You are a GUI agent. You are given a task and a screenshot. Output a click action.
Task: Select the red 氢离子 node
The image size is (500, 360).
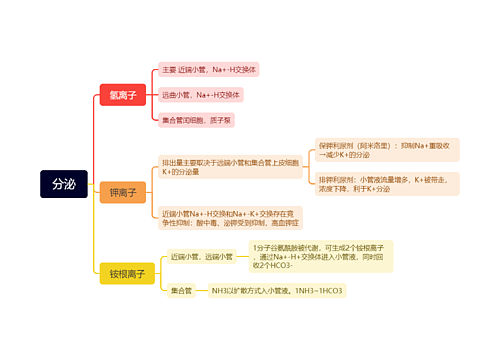click(x=123, y=95)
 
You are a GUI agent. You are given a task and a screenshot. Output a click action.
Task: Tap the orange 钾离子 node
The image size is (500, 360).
click(x=123, y=192)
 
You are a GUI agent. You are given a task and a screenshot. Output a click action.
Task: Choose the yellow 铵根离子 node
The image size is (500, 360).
click(x=127, y=273)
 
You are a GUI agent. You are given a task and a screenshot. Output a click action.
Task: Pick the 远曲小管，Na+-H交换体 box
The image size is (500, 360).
click(x=201, y=95)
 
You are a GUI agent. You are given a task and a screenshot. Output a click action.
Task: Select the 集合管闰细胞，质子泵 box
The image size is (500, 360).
click(x=197, y=120)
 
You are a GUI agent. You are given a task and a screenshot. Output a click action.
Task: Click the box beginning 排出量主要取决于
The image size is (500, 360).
click(x=230, y=167)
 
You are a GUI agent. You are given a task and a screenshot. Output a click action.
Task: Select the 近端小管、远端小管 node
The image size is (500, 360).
click(x=201, y=257)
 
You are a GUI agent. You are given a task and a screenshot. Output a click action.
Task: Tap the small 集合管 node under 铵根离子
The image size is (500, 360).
click(x=181, y=291)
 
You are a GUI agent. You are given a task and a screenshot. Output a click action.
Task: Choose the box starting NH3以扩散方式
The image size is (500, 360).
click(x=276, y=291)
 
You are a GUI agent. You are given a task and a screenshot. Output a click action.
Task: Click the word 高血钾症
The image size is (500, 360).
click(x=285, y=222)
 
